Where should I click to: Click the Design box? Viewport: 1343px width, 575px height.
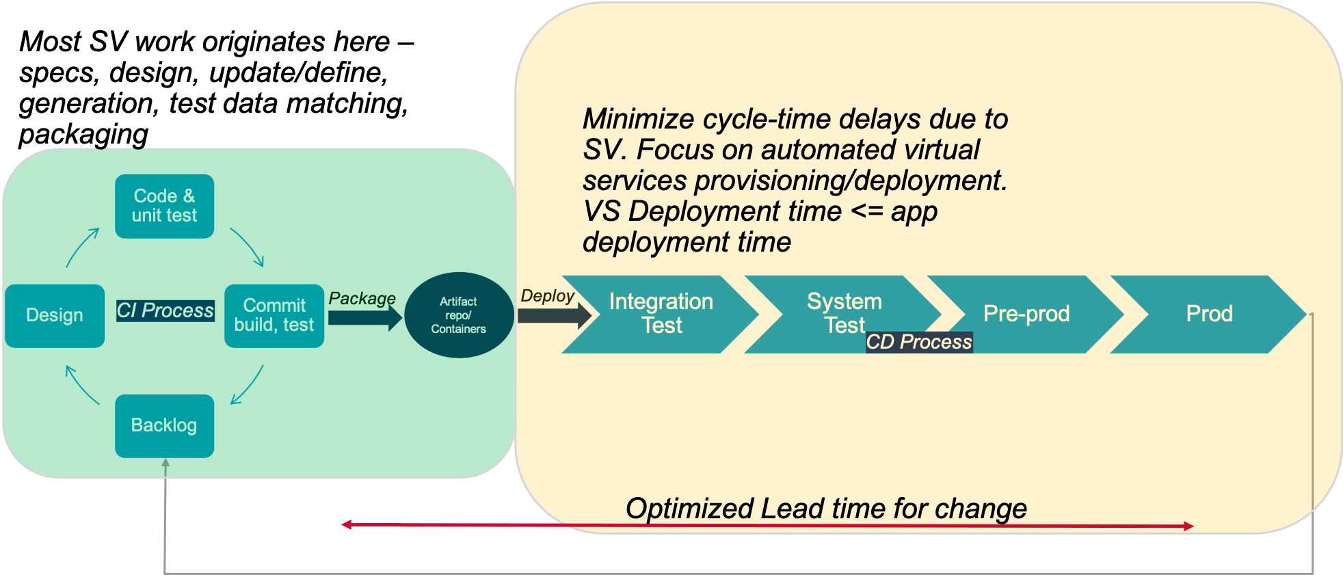click(x=55, y=315)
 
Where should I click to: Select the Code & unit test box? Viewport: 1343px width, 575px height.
click(x=165, y=206)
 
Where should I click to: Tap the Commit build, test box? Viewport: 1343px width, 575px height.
click(x=274, y=315)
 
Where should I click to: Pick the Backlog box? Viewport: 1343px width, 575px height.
click(x=165, y=425)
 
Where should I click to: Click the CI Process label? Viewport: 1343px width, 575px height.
click(x=165, y=310)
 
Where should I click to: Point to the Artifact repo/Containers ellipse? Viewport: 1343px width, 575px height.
click(x=459, y=315)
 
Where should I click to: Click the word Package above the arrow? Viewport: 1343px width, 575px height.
click(x=362, y=298)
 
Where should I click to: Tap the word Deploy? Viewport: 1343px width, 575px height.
click(x=547, y=295)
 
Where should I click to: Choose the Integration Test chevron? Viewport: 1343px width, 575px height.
click(x=661, y=314)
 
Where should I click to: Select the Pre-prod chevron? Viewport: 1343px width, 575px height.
click(x=1026, y=314)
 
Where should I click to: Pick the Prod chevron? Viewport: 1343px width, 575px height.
click(x=1209, y=314)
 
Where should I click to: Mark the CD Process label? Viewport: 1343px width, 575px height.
click(x=919, y=342)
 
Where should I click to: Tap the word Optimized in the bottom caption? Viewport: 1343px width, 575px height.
click(x=689, y=509)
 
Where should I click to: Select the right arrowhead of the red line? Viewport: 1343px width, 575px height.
click(x=1189, y=526)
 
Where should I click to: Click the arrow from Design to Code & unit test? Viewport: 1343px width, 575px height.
click(x=83, y=248)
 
